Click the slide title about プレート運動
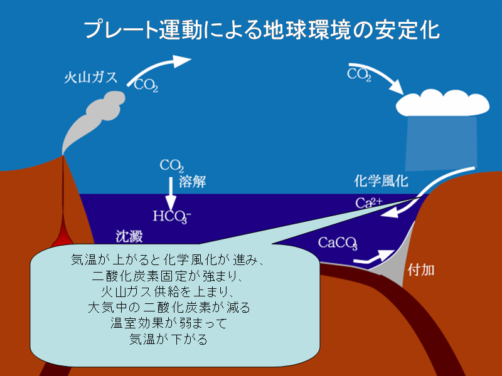(x=262, y=30)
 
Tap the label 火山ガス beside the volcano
(x=90, y=77)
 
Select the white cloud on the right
(x=442, y=103)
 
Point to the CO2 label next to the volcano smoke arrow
(x=146, y=85)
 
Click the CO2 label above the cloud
(x=359, y=75)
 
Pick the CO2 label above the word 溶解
(x=172, y=166)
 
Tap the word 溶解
(x=192, y=182)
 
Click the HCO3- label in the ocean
(x=172, y=216)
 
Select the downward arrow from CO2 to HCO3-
(x=171, y=194)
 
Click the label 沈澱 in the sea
(x=129, y=237)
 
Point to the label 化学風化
(x=381, y=181)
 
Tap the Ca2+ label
(x=369, y=202)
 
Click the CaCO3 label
(x=338, y=243)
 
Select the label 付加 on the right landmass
(x=421, y=270)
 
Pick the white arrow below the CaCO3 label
(x=373, y=258)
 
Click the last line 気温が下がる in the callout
(x=169, y=339)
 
